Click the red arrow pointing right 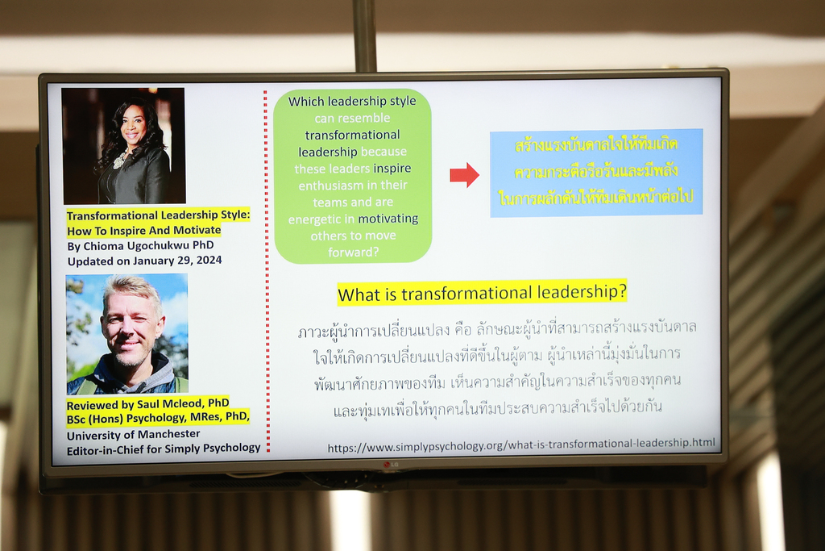(x=464, y=175)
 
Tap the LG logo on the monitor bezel (x=391, y=464)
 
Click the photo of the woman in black (x=123, y=146)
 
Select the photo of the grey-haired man (x=126, y=334)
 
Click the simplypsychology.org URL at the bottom (x=521, y=445)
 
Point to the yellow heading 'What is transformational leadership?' (x=482, y=292)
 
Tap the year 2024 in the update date (x=209, y=261)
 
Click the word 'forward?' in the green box (x=353, y=253)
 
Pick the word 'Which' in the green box (x=305, y=101)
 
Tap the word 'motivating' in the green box (x=388, y=219)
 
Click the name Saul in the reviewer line (x=148, y=404)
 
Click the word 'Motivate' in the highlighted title (x=197, y=230)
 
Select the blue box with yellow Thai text (x=596, y=173)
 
